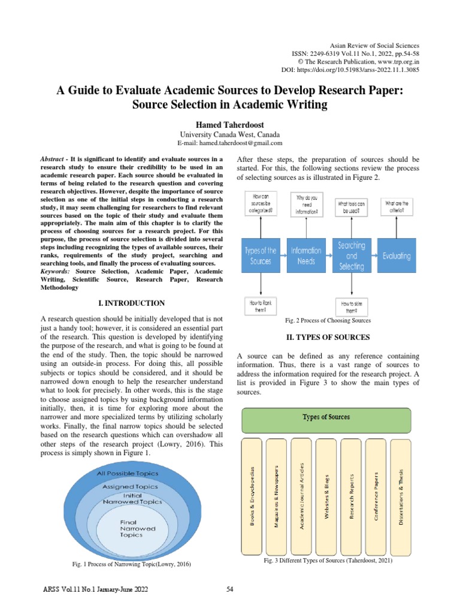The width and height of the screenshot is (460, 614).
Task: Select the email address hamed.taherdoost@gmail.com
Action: click(x=230, y=143)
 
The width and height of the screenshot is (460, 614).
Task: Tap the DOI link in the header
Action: click(x=350, y=70)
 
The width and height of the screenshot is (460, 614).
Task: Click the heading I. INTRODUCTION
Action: click(x=131, y=303)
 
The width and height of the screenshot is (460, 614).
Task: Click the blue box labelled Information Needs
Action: click(x=306, y=255)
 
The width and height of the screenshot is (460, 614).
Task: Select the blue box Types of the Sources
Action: click(x=261, y=255)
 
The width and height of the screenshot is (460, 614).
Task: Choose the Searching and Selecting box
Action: click(x=352, y=255)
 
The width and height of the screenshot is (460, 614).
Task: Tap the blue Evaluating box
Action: click(x=397, y=255)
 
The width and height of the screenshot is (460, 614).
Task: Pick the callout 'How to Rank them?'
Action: click(x=260, y=306)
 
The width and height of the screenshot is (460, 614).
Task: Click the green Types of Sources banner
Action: click(x=326, y=420)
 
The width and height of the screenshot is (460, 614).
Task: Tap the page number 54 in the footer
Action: click(x=230, y=589)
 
